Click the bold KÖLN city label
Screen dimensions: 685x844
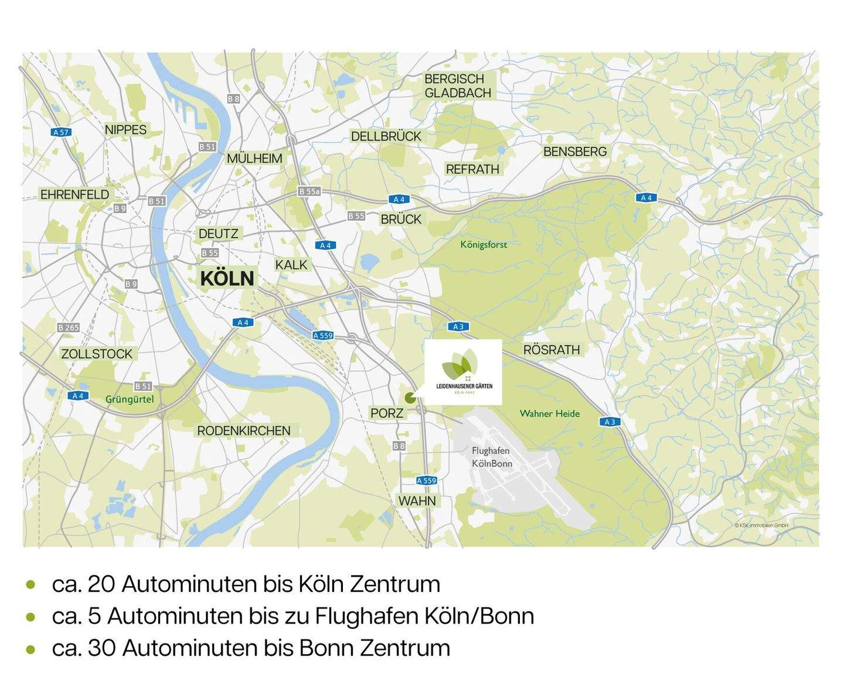pyautogui.click(x=227, y=278)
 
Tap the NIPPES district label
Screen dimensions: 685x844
pyautogui.click(x=125, y=129)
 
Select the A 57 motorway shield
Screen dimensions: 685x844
pyautogui.click(x=61, y=132)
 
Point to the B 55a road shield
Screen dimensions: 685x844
pyautogui.click(x=309, y=191)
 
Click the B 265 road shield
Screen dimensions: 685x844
pyautogui.click(x=69, y=328)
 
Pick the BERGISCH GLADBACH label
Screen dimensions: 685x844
pyautogui.click(x=458, y=85)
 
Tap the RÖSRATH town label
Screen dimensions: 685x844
pyautogui.click(x=551, y=350)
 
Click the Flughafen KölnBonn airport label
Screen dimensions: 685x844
pyautogui.click(x=492, y=457)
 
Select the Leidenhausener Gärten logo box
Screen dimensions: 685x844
pyautogui.click(x=463, y=371)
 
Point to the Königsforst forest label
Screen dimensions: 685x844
pyautogui.click(x=484, y=244)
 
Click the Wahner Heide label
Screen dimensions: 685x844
pyautogui.click(x=549, y=413)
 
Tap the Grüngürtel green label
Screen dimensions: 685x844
pyautogui.click(x=130, y=399)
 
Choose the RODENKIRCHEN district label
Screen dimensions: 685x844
pyautogui.click(x=243, y=430)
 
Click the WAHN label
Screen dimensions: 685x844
pyautogui.click(x=417, y=501)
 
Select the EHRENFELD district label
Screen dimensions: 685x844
pyautogui.click(x=74, y=194)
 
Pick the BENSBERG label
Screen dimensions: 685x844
pyautogui.click(x=575, y=152)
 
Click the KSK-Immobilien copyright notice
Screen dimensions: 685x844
pyautogui.click(x=761, y=525)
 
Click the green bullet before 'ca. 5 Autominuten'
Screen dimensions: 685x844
pyautogui.click(x=30, y=616)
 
